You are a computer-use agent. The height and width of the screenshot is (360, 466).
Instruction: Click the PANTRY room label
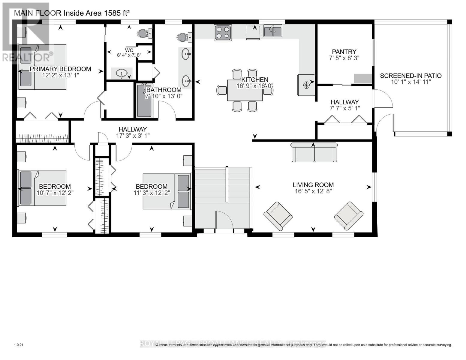[344, 52]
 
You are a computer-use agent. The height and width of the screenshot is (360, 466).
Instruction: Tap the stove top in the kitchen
[223, 32]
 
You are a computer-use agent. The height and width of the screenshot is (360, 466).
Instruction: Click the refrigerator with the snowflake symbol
[306, 85]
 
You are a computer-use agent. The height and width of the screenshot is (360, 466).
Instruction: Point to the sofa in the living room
[314, 152]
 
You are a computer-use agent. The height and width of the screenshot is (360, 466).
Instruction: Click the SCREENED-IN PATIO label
[410, 76]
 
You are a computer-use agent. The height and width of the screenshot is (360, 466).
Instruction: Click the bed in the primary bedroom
[42, 67]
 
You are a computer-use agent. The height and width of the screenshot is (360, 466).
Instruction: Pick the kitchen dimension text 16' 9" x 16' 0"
[255, 85]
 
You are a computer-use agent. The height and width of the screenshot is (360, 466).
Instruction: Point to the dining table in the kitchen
[245, 90]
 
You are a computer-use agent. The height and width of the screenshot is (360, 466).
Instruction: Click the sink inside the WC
[122, 73]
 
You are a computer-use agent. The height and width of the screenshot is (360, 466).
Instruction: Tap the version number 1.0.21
[19, 345]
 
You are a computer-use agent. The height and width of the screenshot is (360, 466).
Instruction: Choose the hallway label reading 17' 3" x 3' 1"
[133, 135]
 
